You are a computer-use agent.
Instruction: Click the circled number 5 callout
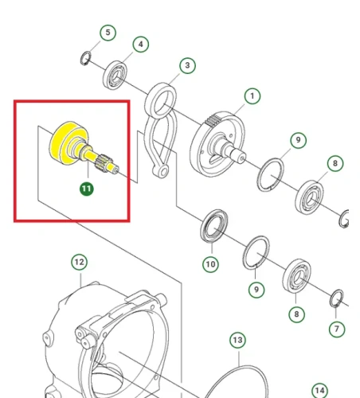[108, 33]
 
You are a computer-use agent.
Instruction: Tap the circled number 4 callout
[141, 44]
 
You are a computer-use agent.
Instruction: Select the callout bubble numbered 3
[187, 65]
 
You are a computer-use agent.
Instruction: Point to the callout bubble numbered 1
[252, 96]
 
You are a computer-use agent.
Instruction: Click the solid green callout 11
[87, 189]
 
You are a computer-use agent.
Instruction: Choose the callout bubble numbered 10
[210, 264]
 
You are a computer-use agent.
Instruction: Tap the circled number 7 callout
[337, 330]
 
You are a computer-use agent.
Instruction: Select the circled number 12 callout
[80, 262]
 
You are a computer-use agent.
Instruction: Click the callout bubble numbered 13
[237, 340]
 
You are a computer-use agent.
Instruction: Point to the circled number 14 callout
[319, 391]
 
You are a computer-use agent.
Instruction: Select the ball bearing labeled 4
[115, 75]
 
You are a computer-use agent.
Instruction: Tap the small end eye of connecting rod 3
[162, 171]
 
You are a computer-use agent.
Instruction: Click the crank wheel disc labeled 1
[217, 144]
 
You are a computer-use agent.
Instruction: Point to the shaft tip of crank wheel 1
[241, 158]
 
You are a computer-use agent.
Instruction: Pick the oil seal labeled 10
[213, 226]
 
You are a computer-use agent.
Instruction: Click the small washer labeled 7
[336, 298]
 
